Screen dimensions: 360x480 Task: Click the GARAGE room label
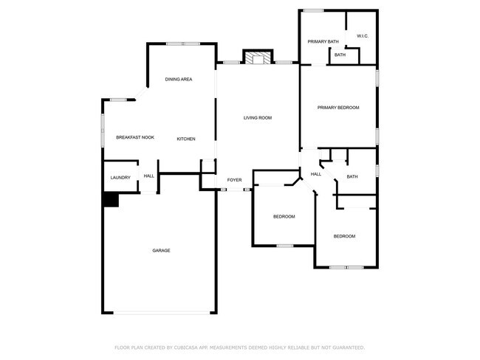click(161, 251)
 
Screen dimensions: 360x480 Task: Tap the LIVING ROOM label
click(258, 118)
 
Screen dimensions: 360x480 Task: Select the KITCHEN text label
click(186, 139)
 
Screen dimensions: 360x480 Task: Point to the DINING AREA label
click(179, 79)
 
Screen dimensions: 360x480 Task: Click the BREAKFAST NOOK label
click(135, 138)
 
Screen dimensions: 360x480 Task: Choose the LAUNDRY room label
click(120, 177)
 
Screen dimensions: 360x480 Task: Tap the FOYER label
click(234, 180)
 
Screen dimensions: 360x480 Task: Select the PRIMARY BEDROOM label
click(338, 108)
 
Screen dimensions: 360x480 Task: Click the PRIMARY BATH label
click(323, 41)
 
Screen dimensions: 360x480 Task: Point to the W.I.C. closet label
click(363, 36)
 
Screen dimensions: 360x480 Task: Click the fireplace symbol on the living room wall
click(258, 59)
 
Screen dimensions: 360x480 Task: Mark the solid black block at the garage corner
click(110, 200)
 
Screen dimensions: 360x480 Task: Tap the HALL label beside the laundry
click(149, 176)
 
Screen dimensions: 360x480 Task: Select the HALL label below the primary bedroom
click(315, 174)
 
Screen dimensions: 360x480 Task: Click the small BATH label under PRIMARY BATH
click(340, 55)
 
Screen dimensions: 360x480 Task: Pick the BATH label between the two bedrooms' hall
click(352, 176)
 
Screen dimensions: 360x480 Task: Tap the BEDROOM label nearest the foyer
click(284, 216)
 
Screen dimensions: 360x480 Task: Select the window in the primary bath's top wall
click(314, 10)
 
